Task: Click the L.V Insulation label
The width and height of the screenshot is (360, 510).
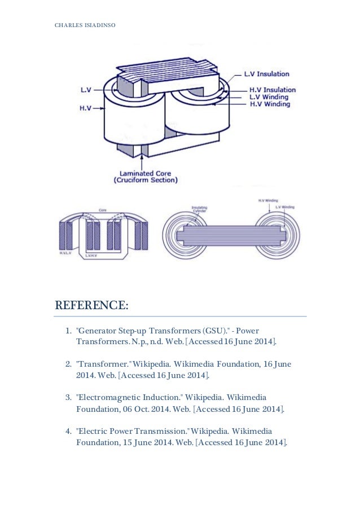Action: coord(266,74)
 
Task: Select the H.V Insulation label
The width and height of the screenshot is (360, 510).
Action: coord(273,90)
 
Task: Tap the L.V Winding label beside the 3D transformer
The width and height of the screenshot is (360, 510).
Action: coord(269,97)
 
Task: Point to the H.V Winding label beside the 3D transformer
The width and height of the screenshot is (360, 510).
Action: coord(269,104)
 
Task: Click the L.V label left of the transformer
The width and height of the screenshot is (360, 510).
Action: coord(86,89)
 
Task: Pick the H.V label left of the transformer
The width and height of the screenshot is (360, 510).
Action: coord(86,107)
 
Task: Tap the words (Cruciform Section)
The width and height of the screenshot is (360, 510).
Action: coord(146,181)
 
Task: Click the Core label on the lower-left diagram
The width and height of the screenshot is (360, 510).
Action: coord(102,209)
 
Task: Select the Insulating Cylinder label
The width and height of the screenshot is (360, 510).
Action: coord(200,209)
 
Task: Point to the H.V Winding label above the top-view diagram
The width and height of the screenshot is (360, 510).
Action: coord(266,200)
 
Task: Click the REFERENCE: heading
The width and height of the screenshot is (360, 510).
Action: coord(91,306)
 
